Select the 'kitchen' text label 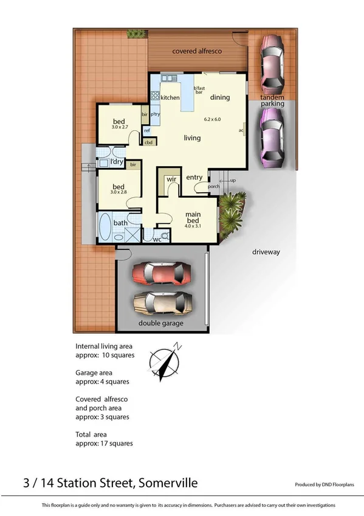[170, 97]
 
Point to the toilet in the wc [165, 235]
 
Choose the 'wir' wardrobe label [171, 180]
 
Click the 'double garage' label [161, 323]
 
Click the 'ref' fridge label [147, 131]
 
